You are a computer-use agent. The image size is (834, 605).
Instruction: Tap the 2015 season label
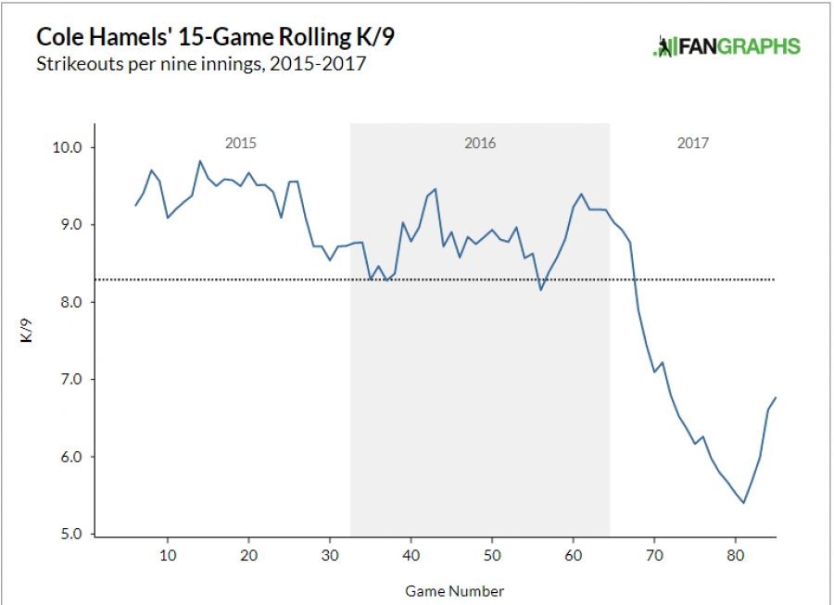coord(241,144)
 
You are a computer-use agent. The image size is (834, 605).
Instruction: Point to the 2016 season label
coord(479,144)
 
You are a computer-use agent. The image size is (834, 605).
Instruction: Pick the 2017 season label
coord(693,144)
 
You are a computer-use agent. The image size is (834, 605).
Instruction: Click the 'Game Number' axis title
coord(455,590)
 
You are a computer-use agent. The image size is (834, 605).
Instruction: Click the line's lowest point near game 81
coord(744,503)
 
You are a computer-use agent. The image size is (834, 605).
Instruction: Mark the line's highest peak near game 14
coord(199,161)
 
